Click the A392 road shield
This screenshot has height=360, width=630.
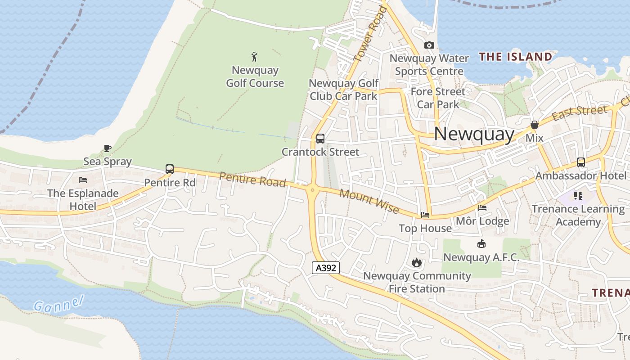[326, 268]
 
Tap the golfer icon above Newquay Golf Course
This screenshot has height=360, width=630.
[255, 57]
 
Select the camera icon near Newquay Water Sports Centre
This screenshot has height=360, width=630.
[429, 45]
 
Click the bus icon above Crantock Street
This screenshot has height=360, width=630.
[320, 139]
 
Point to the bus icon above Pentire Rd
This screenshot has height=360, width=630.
[170, 169]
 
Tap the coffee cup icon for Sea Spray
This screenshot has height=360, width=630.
[108, 148]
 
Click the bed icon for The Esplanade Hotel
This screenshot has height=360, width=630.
[83, 180]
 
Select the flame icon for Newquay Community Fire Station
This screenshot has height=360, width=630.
[417, 262]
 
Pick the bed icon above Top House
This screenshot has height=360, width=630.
[425, 215]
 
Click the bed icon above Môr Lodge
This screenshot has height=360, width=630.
[482, 208]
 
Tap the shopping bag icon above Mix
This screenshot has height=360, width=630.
[535, 125]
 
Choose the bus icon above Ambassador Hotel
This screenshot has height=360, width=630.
[581, 162]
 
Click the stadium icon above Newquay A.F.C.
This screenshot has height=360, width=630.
[481, 244]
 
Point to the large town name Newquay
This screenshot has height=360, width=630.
[474, 134]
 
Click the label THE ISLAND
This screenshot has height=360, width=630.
[515, 57]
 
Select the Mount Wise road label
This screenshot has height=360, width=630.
[369, 202]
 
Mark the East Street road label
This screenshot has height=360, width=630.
[579, 112]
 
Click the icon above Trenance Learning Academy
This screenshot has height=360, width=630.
[578, 196]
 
